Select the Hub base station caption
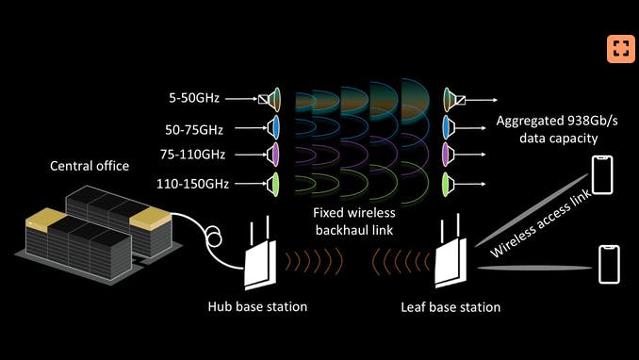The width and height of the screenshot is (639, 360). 257,307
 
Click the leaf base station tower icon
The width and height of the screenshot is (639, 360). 449,258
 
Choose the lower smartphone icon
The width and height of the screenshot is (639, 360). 609,263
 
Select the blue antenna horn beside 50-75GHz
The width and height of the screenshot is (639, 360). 275,125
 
